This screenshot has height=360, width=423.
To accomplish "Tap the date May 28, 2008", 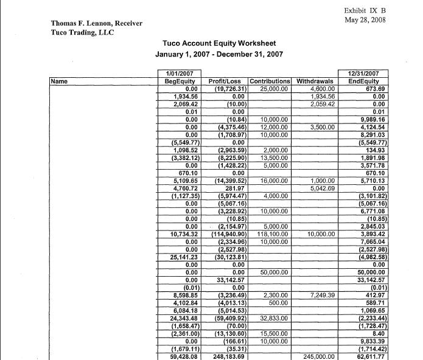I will [x=365, y=20].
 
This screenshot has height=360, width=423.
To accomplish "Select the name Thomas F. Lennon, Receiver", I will [x=97, y=23].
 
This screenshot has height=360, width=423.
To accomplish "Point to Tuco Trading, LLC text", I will [x=82, y=32].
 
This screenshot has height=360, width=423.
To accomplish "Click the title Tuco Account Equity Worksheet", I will [x=219, y=44].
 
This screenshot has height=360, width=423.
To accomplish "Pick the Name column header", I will [x=59, y=80].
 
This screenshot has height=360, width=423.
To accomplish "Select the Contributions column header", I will [x=270, y=81].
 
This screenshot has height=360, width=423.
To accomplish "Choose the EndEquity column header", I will [x=363, y=81].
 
